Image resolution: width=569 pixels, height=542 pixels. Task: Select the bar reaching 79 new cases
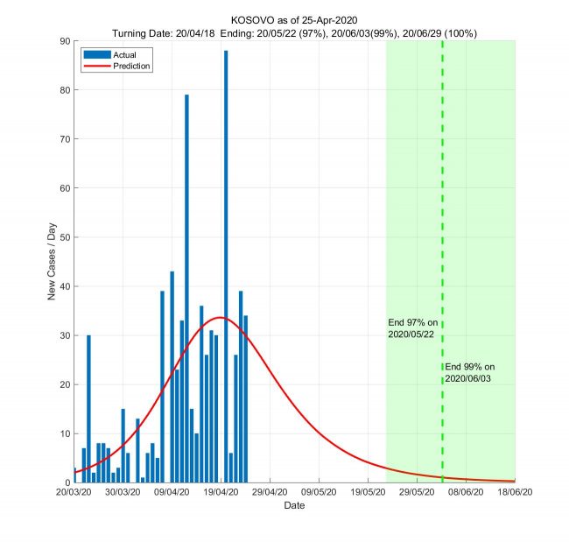tap(186, 289)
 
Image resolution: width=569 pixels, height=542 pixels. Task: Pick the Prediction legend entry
tap(131, 66)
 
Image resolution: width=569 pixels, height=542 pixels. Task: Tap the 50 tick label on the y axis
tap(65, 237)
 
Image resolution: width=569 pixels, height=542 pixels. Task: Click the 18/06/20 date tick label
tap(515, 493)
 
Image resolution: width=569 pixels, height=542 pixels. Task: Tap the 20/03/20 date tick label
tap(74, 493)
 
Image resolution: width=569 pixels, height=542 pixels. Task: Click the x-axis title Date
tap(294, 506)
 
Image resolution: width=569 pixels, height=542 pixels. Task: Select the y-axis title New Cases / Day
tap(52, 262)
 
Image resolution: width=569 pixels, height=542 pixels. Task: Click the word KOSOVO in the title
tap(255, 19)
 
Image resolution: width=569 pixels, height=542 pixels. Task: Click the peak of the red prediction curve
tap(220, 317)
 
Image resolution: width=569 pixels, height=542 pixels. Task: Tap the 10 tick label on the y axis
tap(65, 433)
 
